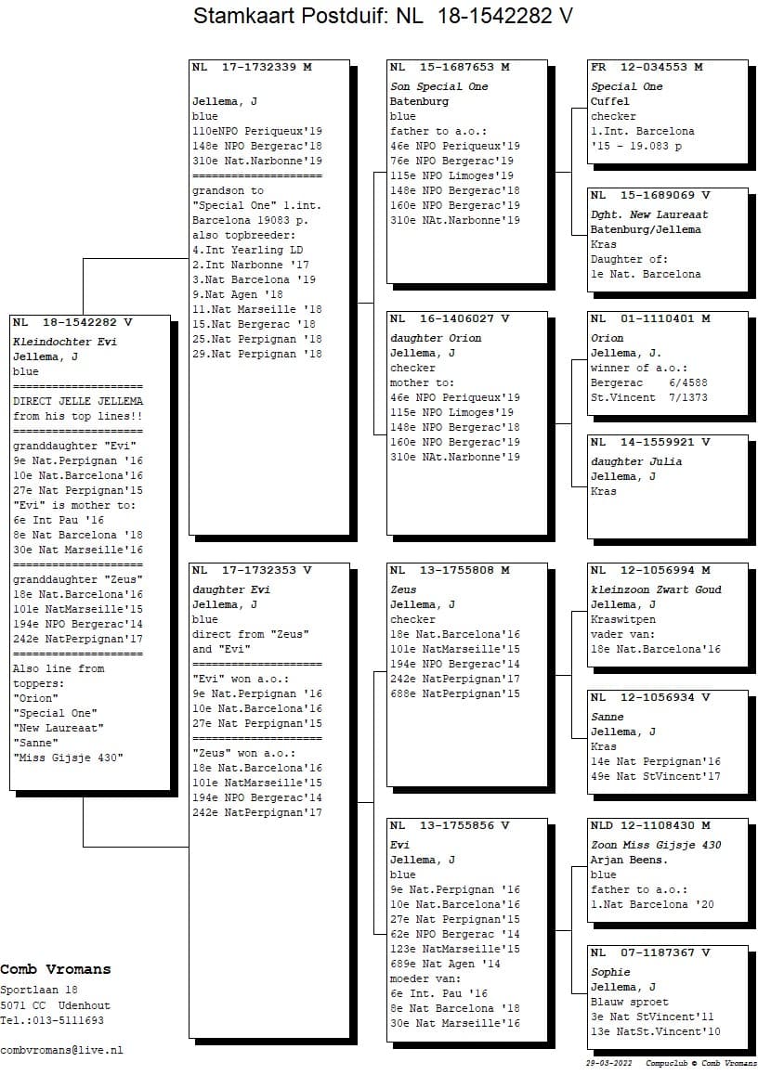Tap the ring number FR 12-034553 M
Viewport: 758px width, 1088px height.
click(x=647, y=68)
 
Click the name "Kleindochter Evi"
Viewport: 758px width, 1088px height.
click(x=65, y=342)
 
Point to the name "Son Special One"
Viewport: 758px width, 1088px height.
click(x=438, y=86)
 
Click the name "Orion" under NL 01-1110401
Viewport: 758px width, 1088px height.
click(x=608, y=338)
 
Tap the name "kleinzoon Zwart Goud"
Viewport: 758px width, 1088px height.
click(x=656, y=589)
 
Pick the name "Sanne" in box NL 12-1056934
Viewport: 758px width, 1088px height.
click(x=608, y=717)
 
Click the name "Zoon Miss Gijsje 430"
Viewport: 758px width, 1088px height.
click(x=656, y=845)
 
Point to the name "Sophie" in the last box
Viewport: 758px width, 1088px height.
click(x=610, y=972)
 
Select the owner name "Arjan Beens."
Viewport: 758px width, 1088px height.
click(x=629, y=860)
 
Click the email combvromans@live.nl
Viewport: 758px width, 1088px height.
click(x=61, y=1050)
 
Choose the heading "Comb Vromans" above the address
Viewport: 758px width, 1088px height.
click(x=56, y=970)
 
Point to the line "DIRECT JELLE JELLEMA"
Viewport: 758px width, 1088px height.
click(x=78, y=401)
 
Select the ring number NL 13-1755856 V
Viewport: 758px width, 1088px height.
click(x=450, y=825)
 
